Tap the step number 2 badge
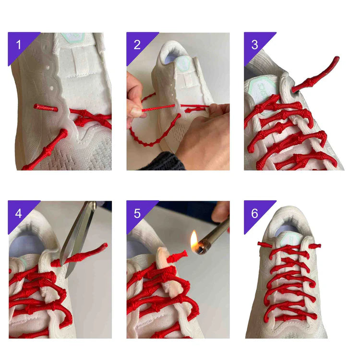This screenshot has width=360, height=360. (138, 45)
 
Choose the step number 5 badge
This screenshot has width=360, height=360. (138, 213)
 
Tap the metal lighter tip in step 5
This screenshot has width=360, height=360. (203, 247)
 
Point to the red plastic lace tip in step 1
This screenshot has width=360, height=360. (46, 108)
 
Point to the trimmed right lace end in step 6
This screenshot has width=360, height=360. (314, 246)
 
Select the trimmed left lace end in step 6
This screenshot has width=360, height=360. (264, 244)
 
